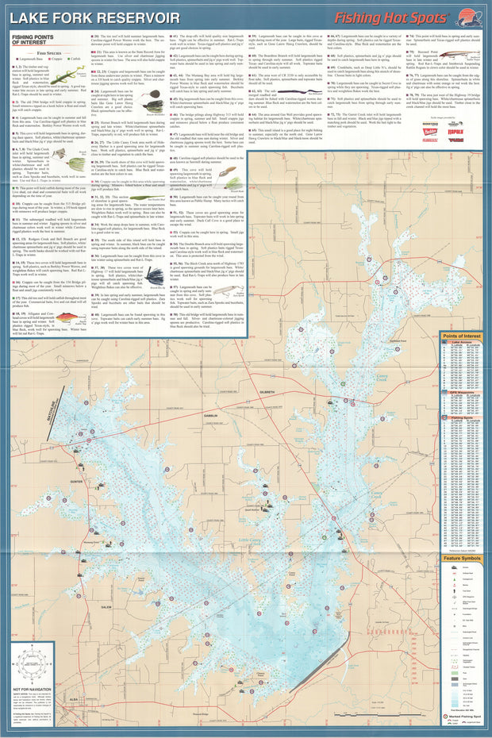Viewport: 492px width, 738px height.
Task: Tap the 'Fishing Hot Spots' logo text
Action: [389, 15]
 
